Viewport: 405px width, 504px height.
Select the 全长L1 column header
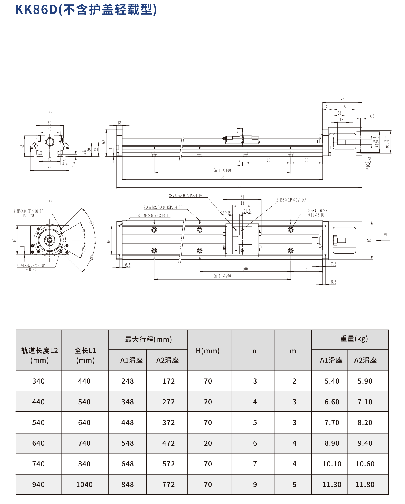pyautogui.click(x=85, y=355)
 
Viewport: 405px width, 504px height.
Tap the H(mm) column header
pyautogui.click(x=208, y=351)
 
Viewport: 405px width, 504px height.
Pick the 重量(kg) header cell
pyautogui.click(x=354, y=339)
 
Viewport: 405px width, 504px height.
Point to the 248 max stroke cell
pyautogui.click(x=128, y=381)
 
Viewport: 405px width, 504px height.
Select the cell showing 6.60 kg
pyautogui.click(x=332, y=402)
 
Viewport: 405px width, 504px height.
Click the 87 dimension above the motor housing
pyautogui.click(x=342, y=100)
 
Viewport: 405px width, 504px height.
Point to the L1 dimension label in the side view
pyautogui.click(x=239, y=185)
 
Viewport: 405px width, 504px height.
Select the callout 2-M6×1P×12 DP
pyautogui.click(x=291, y=200)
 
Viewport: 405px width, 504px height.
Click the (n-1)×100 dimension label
pyautogui.click(x=222, y=170)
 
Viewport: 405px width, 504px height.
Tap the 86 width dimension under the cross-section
pyautogui.click(x=49, y=168)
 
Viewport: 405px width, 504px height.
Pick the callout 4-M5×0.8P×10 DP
pyautogui.click(x=28, y=211)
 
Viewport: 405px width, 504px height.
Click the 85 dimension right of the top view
pyautogui.click(x=369, y=240)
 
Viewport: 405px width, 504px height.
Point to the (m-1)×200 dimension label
pyautogui.click(x=222, y=276)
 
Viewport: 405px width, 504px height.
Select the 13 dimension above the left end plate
pyautogui.click(x=119, y=123)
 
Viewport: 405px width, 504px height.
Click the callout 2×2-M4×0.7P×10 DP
pyautogui.click(x=153, y=216)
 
